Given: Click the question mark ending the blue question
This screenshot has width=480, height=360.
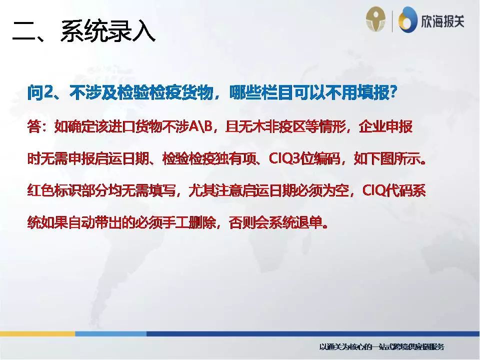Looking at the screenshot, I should point(393,93).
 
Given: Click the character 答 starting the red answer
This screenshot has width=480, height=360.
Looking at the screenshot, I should point(34,127).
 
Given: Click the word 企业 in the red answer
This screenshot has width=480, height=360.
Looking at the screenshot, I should point(372,127).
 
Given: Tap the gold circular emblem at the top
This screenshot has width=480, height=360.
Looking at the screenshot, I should point(376,20).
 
